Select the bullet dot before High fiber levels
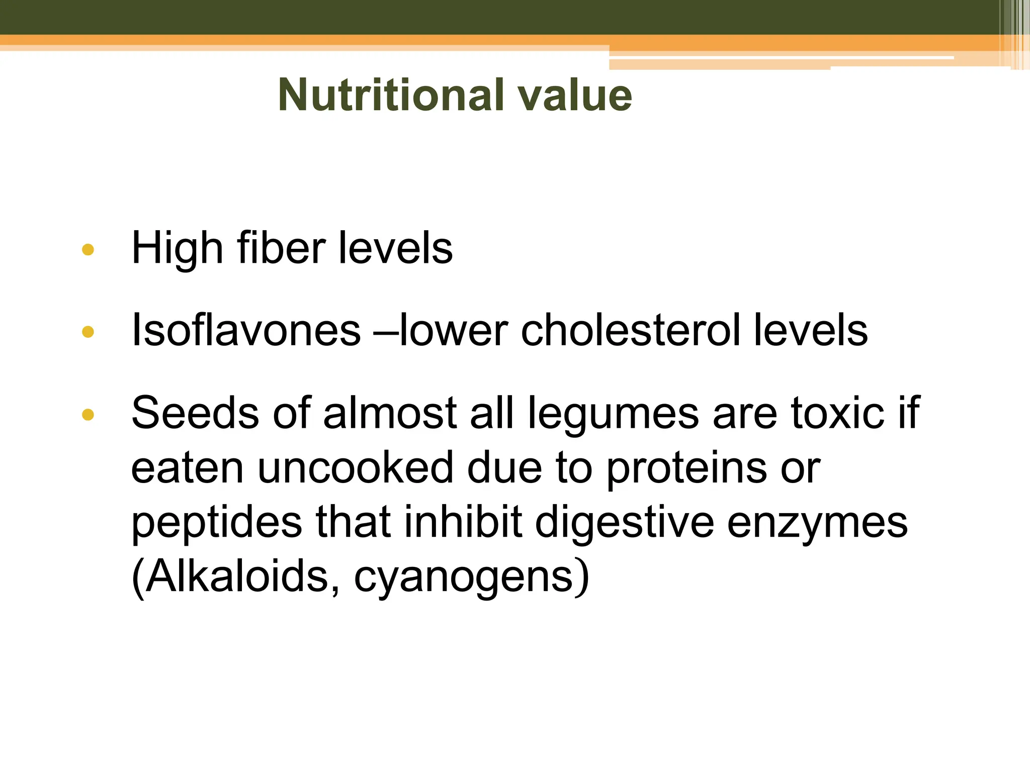(x=88, y=249)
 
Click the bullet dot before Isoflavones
(x=88, y=332)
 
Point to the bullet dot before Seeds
(x=88, y=414)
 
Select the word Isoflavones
(x=246, y=330)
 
